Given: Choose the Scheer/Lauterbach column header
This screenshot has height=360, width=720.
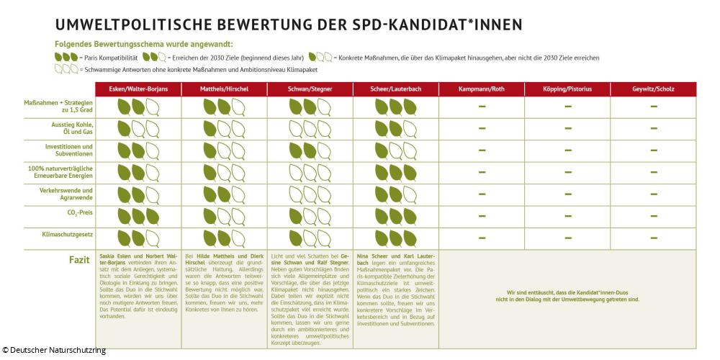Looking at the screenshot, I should tap(395, 89).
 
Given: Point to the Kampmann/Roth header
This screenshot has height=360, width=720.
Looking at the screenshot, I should tap(482, 89).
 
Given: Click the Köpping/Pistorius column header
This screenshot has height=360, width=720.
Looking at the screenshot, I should tap(567, 89).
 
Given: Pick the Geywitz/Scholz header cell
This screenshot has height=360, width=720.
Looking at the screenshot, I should tap(654, 89).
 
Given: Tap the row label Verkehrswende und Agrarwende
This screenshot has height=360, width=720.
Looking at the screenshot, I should tap(71, 193).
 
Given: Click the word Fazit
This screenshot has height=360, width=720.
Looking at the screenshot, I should tap(79, 257).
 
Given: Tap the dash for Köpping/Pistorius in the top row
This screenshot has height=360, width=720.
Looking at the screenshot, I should tap(567, 107).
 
